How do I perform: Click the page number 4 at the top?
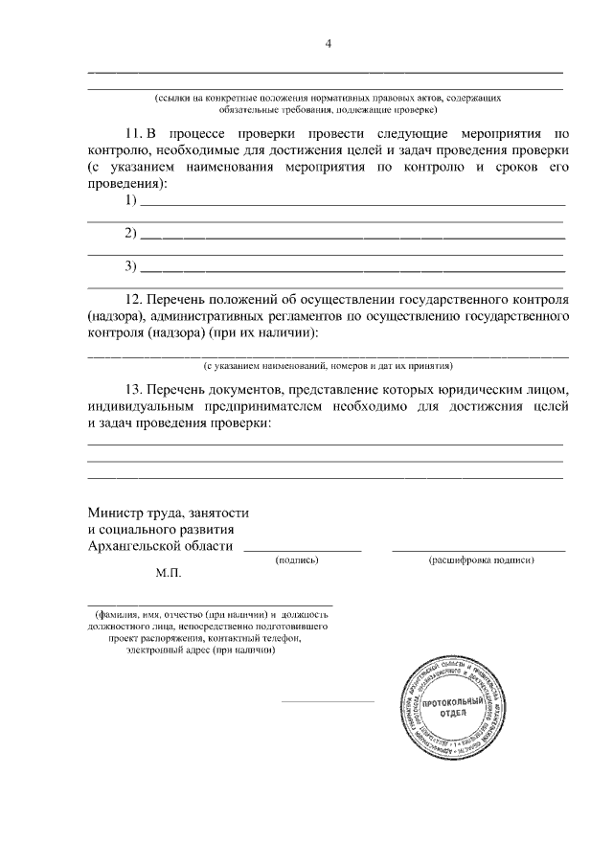(328, 43)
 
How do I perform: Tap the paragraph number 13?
(135, 390)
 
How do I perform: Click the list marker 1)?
(131, 200)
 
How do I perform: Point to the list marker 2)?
(131, 233)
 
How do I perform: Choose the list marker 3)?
(131, 265)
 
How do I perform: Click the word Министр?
(115, 513)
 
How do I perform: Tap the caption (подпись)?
(296, 559)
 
